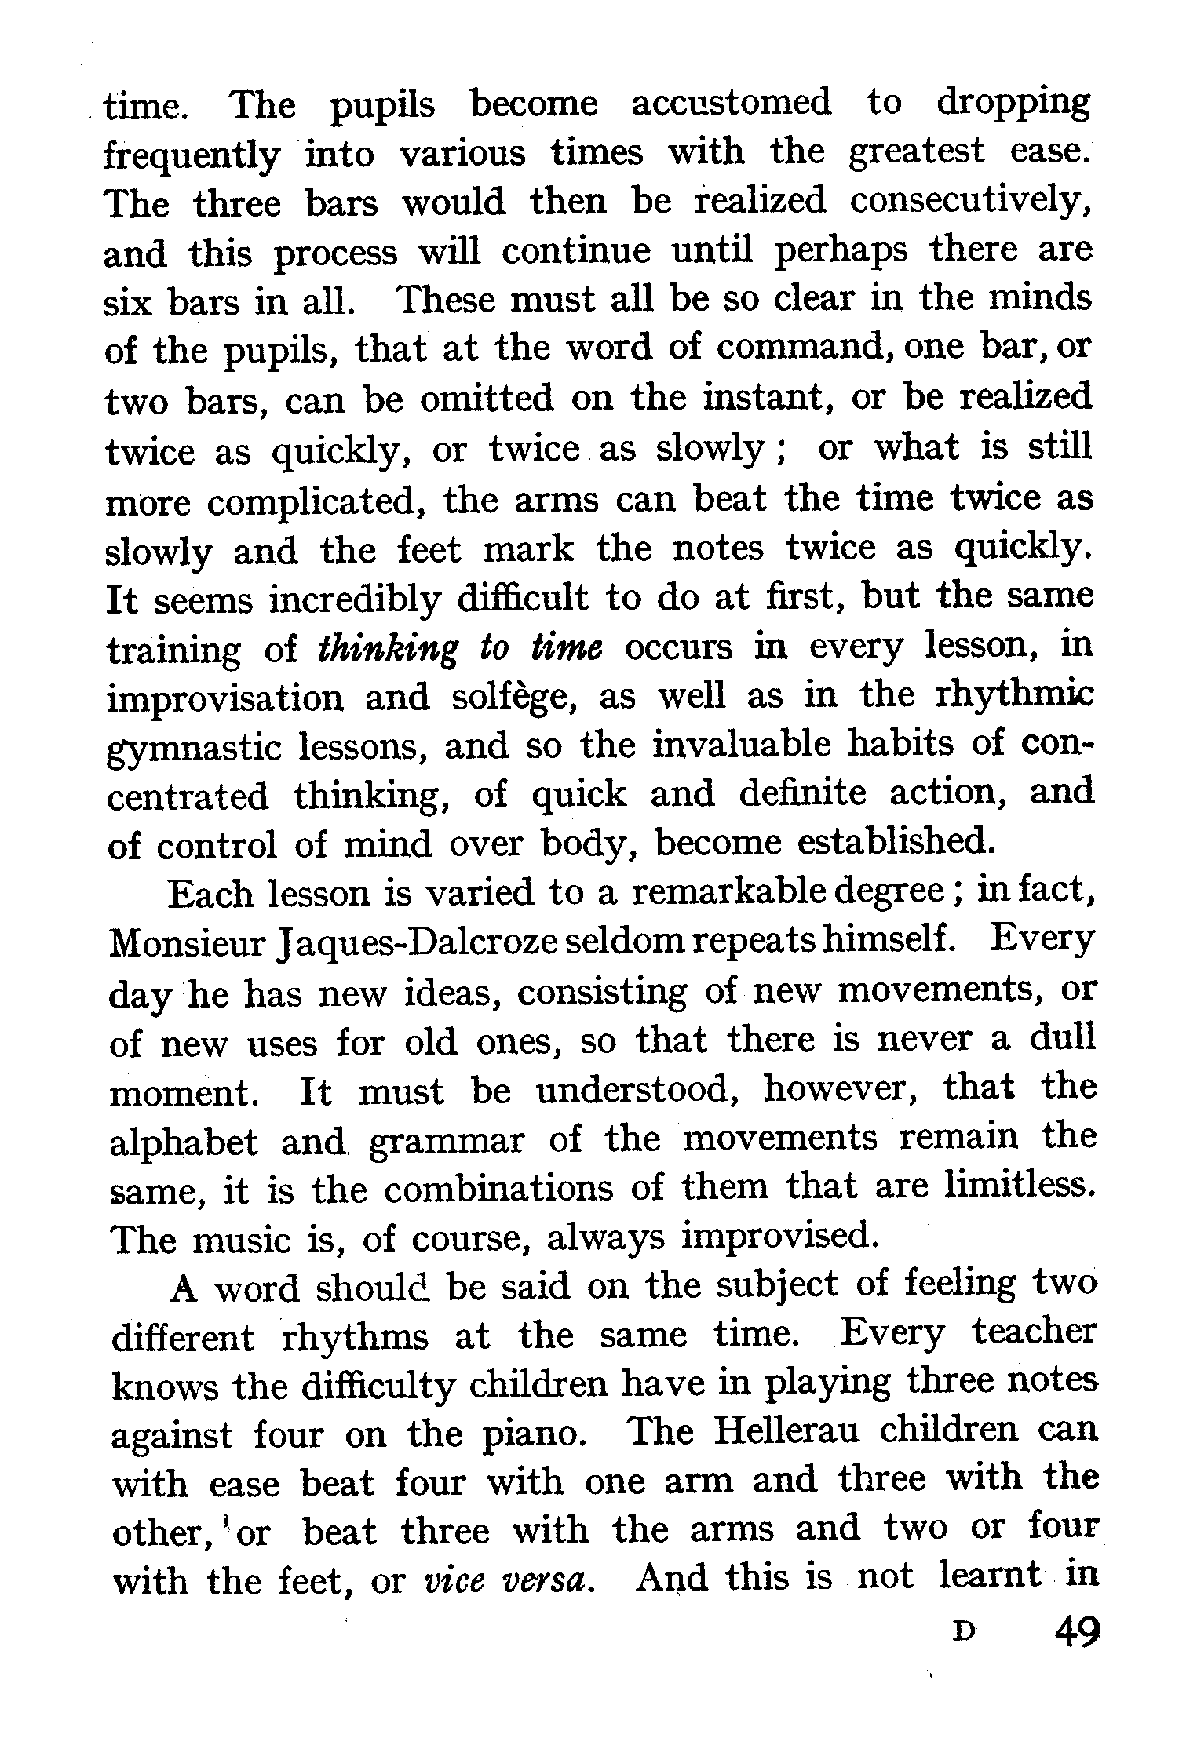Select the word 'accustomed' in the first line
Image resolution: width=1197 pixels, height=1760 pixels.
tap(731, 103)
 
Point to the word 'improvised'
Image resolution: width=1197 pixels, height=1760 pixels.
tap(778, 1236)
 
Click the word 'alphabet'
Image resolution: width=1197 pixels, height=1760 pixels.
tap(184, 1139)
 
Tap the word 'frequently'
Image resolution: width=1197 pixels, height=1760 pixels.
tap(192, 153)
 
